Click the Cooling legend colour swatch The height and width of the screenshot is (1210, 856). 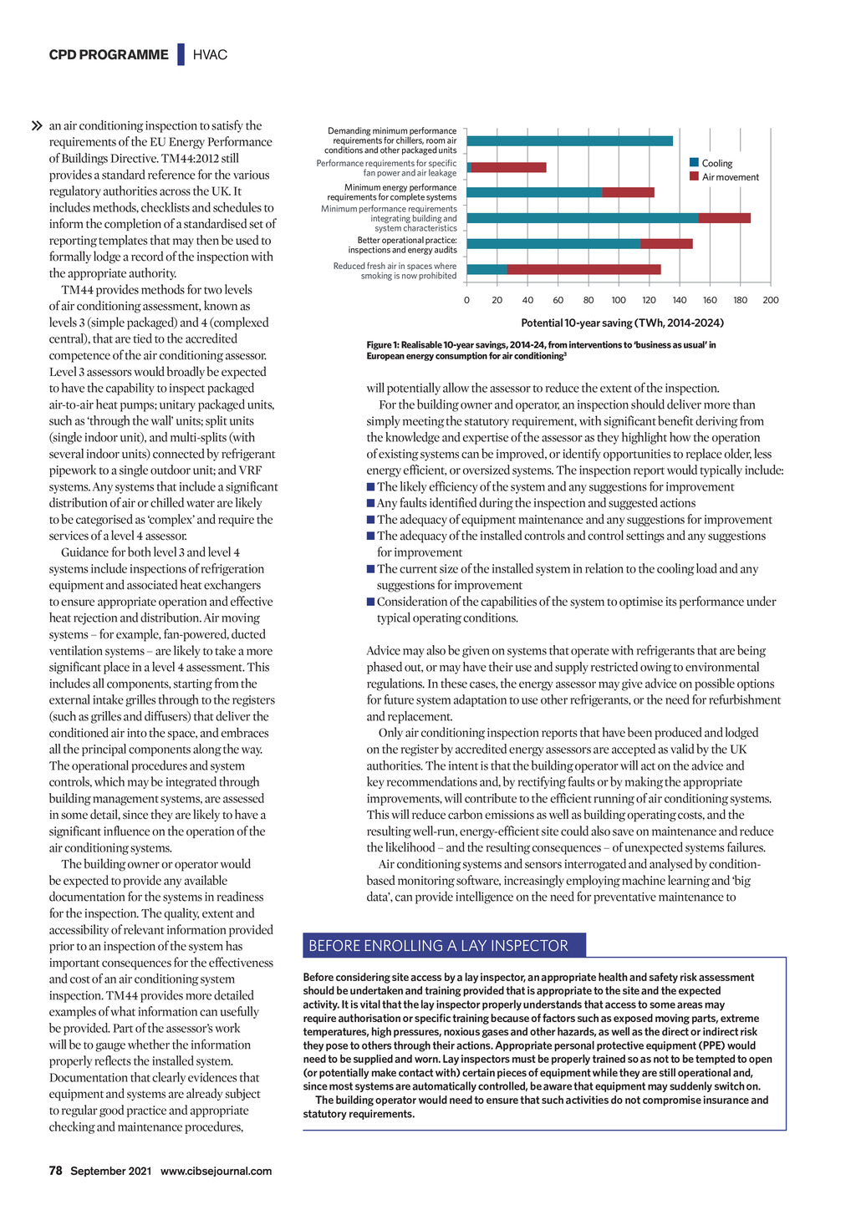click(694, 163)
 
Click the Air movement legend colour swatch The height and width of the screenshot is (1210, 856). click(694, 176)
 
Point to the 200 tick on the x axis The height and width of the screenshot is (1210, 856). click(770, 300)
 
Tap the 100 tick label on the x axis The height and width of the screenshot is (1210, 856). click(619, 300)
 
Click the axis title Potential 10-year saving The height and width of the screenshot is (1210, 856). click(622, 323)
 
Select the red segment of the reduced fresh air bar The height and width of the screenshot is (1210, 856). click(583, 269)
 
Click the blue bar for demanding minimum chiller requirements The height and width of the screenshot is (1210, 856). click(569, 141)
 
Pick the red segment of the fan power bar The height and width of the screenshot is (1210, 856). click(508, 167)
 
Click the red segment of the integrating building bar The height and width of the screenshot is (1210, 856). click(724, 218)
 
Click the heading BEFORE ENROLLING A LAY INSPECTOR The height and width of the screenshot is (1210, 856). click(438, 946)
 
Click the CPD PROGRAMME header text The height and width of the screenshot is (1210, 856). click(109, 55)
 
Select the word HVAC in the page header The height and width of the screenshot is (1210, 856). click(210, 55)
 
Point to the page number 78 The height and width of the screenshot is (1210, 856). click(56, 1171)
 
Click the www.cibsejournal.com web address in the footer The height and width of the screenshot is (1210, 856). click(216, 1171)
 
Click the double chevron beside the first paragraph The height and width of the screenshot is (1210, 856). click(37, 126)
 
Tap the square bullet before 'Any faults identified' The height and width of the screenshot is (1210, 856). click(370, 503)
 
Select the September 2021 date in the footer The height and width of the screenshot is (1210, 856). click(110, 1171)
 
